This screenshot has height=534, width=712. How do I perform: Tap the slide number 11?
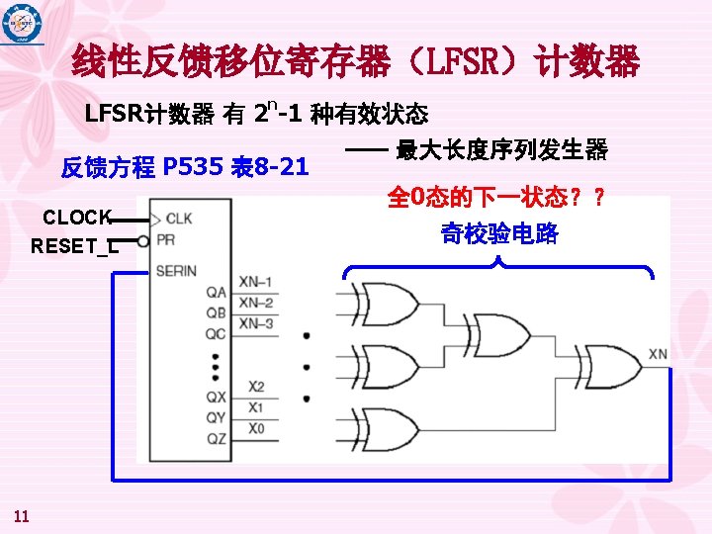click(23, 513)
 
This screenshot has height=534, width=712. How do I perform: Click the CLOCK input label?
click(77, 218)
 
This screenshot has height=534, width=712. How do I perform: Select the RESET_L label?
click(74, 246)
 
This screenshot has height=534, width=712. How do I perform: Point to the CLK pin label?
click(179, 218)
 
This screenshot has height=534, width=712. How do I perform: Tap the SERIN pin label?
click(178, 270)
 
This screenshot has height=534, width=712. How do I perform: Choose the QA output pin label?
click(216, 292)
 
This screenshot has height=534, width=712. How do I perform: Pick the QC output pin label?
click(216, 333)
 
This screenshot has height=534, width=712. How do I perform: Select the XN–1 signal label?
click(255, 282)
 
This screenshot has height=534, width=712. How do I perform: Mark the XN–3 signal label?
click(255, 323)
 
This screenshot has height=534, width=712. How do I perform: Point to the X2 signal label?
click(256, 387)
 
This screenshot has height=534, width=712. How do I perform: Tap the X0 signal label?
click(256, 428)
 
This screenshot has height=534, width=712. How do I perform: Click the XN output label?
click(659, 354)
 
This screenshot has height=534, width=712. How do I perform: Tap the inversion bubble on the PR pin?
click(143, 240)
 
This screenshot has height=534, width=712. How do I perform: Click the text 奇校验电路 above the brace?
click(499, 234)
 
